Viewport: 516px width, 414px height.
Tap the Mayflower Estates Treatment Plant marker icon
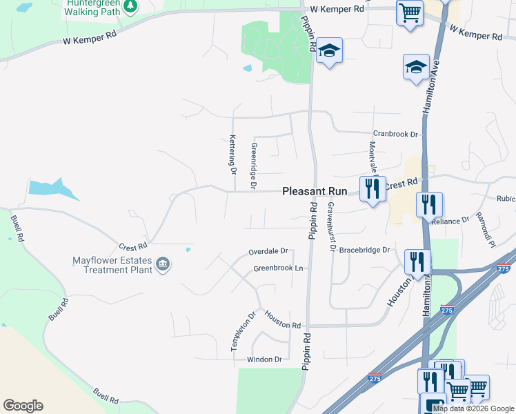point(163,264)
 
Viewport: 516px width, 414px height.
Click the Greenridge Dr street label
point(254,166)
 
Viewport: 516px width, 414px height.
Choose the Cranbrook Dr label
point(396,134)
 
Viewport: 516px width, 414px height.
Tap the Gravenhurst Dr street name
point(331,226)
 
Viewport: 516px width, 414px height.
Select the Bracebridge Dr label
point(365,250)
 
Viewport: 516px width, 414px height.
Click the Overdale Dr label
point(268,252)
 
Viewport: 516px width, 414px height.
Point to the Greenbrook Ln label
point(279,268)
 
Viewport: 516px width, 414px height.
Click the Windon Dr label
point(265,359)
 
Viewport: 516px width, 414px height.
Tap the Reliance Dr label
point(450,221)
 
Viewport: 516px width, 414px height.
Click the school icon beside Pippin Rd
point(330,50)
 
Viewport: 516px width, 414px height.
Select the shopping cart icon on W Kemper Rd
point(410,12)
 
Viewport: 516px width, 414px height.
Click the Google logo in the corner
point(23,406)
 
